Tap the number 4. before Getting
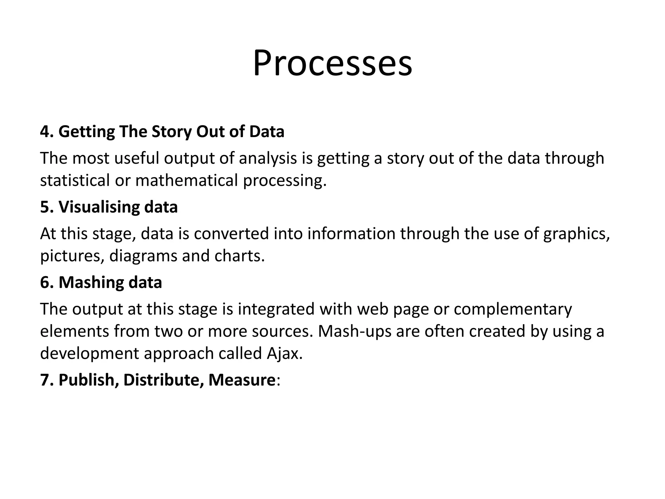(x=47, y=132)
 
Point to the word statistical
(x=75, y=180)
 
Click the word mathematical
(x=187, y=180)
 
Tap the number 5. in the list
(x=47, y=207)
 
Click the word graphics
(x=576, y=234)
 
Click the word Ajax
(x=284, y=353)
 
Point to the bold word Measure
(x=242, y=380)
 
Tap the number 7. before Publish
(x=47, y=380)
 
